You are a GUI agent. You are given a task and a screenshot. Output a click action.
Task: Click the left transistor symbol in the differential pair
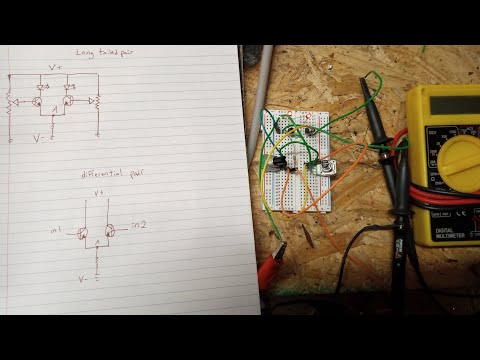coord(81,232)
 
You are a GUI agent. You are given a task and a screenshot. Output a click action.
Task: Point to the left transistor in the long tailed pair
coord(37,101)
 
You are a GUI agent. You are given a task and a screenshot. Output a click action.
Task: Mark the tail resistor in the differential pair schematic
coord(96,258)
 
